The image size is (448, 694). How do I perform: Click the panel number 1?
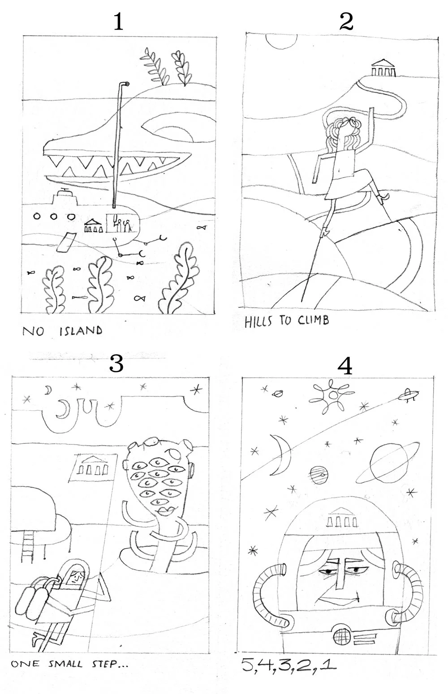[118, 22]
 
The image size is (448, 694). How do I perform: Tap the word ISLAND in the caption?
[81, 331]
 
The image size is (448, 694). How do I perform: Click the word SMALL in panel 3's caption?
[65, 664]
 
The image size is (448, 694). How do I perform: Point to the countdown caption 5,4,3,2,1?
[288, 665]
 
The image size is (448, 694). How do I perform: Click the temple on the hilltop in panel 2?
[383, 67]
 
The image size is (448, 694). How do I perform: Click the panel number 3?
[116, 363]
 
